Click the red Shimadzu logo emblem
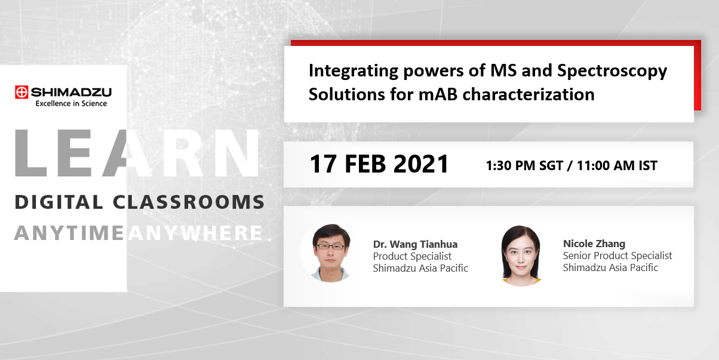tap(22, 92)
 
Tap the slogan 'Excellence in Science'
tap(71, 103)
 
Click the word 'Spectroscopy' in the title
tap(612, 71)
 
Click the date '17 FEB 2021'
tap(379, 164)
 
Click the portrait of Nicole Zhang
tap(521, 253)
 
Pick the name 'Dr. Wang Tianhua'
tap(415, 244)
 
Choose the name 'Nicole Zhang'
tap(594, 244)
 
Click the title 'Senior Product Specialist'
tap(617, 256)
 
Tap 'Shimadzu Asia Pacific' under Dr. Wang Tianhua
tap(420, 268)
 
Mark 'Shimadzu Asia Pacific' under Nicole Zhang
tap(610, 267)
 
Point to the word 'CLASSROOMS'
tap(188, 202)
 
